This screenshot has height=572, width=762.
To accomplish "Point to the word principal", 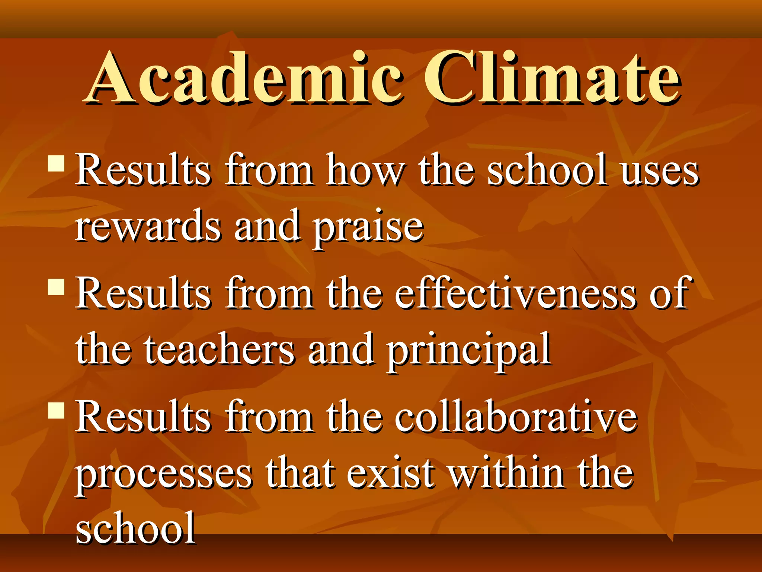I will coord(469,352).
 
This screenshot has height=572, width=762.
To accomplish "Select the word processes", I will coord(164,475).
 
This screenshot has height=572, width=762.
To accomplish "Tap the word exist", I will coord(391,473).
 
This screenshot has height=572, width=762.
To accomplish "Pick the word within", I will coord(506,473).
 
